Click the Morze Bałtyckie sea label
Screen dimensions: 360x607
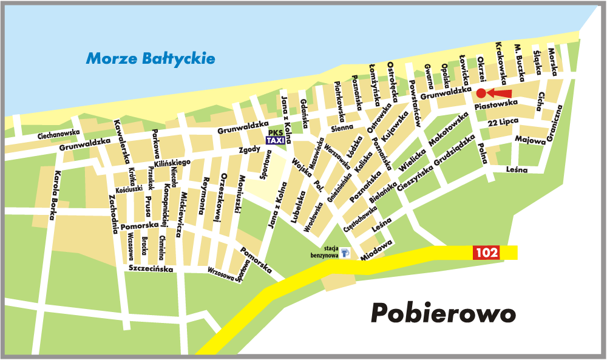(x=151, y=59)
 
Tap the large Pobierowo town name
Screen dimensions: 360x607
(x=444, y=313)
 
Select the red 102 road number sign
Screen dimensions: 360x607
(x=486, y=253)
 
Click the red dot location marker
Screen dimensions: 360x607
(x=481, y=93)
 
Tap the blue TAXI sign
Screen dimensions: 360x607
(x=276, y=140)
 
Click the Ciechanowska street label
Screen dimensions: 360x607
(x=59, y=134)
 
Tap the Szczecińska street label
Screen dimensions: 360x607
(x=151, y=268)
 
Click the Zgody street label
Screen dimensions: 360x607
(x=249, y=149)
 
